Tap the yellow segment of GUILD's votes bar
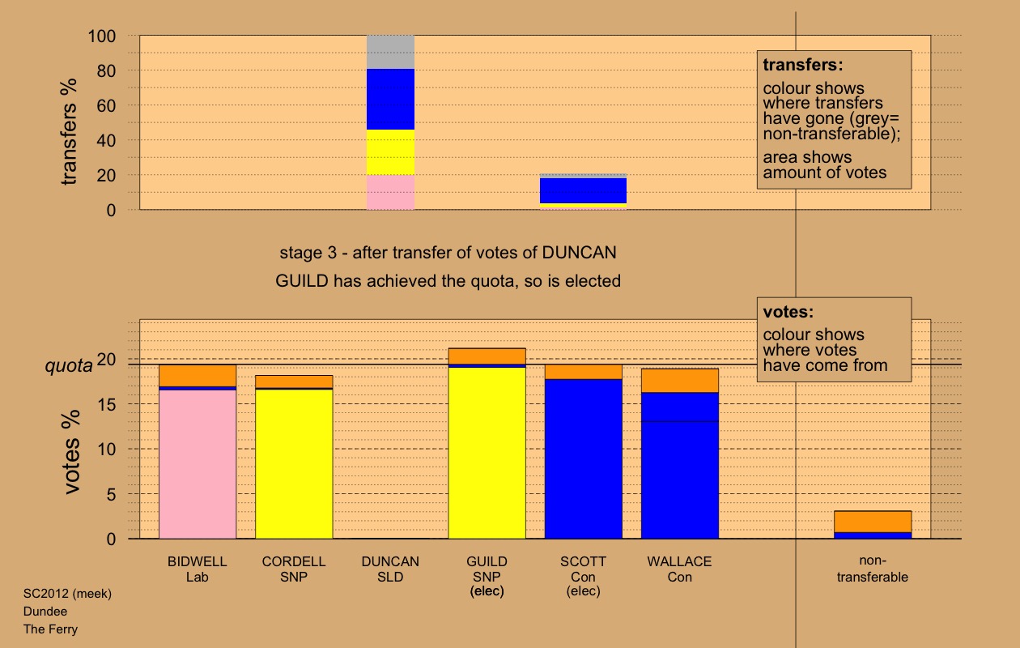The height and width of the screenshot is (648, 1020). coord(487,454)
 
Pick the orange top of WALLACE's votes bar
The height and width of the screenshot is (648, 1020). coord(680,381)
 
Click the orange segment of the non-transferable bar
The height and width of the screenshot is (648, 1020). coord(873,522)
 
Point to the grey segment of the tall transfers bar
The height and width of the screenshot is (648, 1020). coord(391,52)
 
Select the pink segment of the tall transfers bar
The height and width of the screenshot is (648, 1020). coord(391,193)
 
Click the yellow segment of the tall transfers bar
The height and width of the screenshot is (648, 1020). coord(391,152)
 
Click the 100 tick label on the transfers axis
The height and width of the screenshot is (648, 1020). coord(104,36)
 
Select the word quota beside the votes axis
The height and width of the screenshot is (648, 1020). coord(68,366)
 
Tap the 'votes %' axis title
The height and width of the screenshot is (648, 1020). coord(72,466)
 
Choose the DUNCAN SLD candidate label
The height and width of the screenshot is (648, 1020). coord(390,569)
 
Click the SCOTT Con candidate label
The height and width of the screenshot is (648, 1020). coord(583,569)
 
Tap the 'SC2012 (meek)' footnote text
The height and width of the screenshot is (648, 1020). coord(67,594)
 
